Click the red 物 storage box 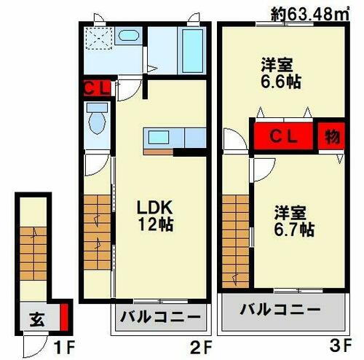click(x=331, y=136)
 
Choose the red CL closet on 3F click(x=284, y=136)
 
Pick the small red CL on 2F click(x=96, y=90)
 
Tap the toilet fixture click(x=97, y=120)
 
